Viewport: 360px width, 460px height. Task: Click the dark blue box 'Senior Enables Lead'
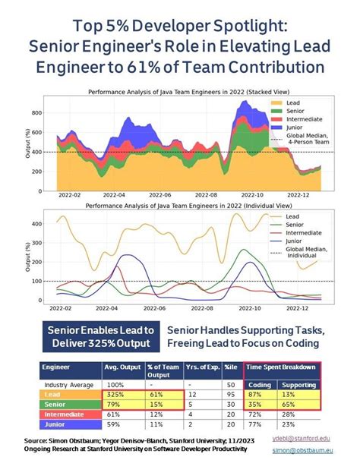(99, 338)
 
